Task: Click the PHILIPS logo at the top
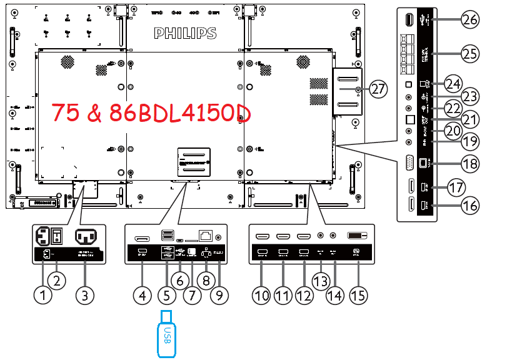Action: [x=185, y=32]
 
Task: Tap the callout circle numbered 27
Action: [x=377, y=89]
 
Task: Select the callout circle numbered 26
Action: [x=469, y=20]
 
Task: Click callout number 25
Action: [x=469, y=54]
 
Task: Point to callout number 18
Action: [x=469, y=164]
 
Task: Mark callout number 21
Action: [x=469, y=118]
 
